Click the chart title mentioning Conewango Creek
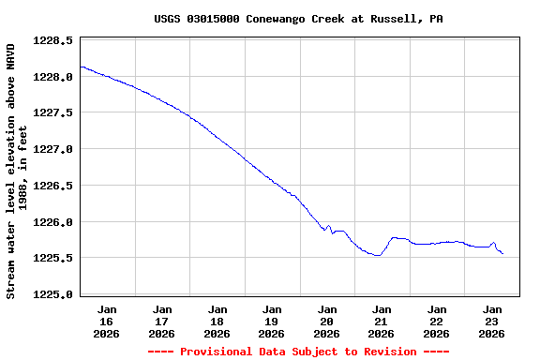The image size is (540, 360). (x=299, y=19)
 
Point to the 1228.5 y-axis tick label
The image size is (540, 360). (x=53, y=41)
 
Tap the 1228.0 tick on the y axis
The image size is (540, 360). (x=53, y=77)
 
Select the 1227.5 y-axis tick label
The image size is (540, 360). (x=53, y=113)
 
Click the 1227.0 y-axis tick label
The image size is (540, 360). (x=53, y=149)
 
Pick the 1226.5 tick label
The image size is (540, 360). (x=53, y=186)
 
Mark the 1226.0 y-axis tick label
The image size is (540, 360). (x=53, y=222)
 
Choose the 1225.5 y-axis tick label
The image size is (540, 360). (x=53, y=258)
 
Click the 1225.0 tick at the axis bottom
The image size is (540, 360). (x=53, y=294)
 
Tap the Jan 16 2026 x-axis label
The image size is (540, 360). (x=107, y=321)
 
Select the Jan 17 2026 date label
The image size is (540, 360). (x=162, y=321)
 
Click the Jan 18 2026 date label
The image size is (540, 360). (x=217, y=321)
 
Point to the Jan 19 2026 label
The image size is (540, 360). (x=272, y=321)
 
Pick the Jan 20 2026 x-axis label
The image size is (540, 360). (x=326, y=321)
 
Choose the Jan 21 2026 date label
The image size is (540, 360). (x=382, y=321)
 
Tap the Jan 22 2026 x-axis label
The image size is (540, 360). (x=437, y=321)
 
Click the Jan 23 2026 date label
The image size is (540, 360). (x=491, y=321)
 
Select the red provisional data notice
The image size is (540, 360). (x=299, y=352)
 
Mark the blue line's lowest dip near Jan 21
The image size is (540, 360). (x=377, y=255)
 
